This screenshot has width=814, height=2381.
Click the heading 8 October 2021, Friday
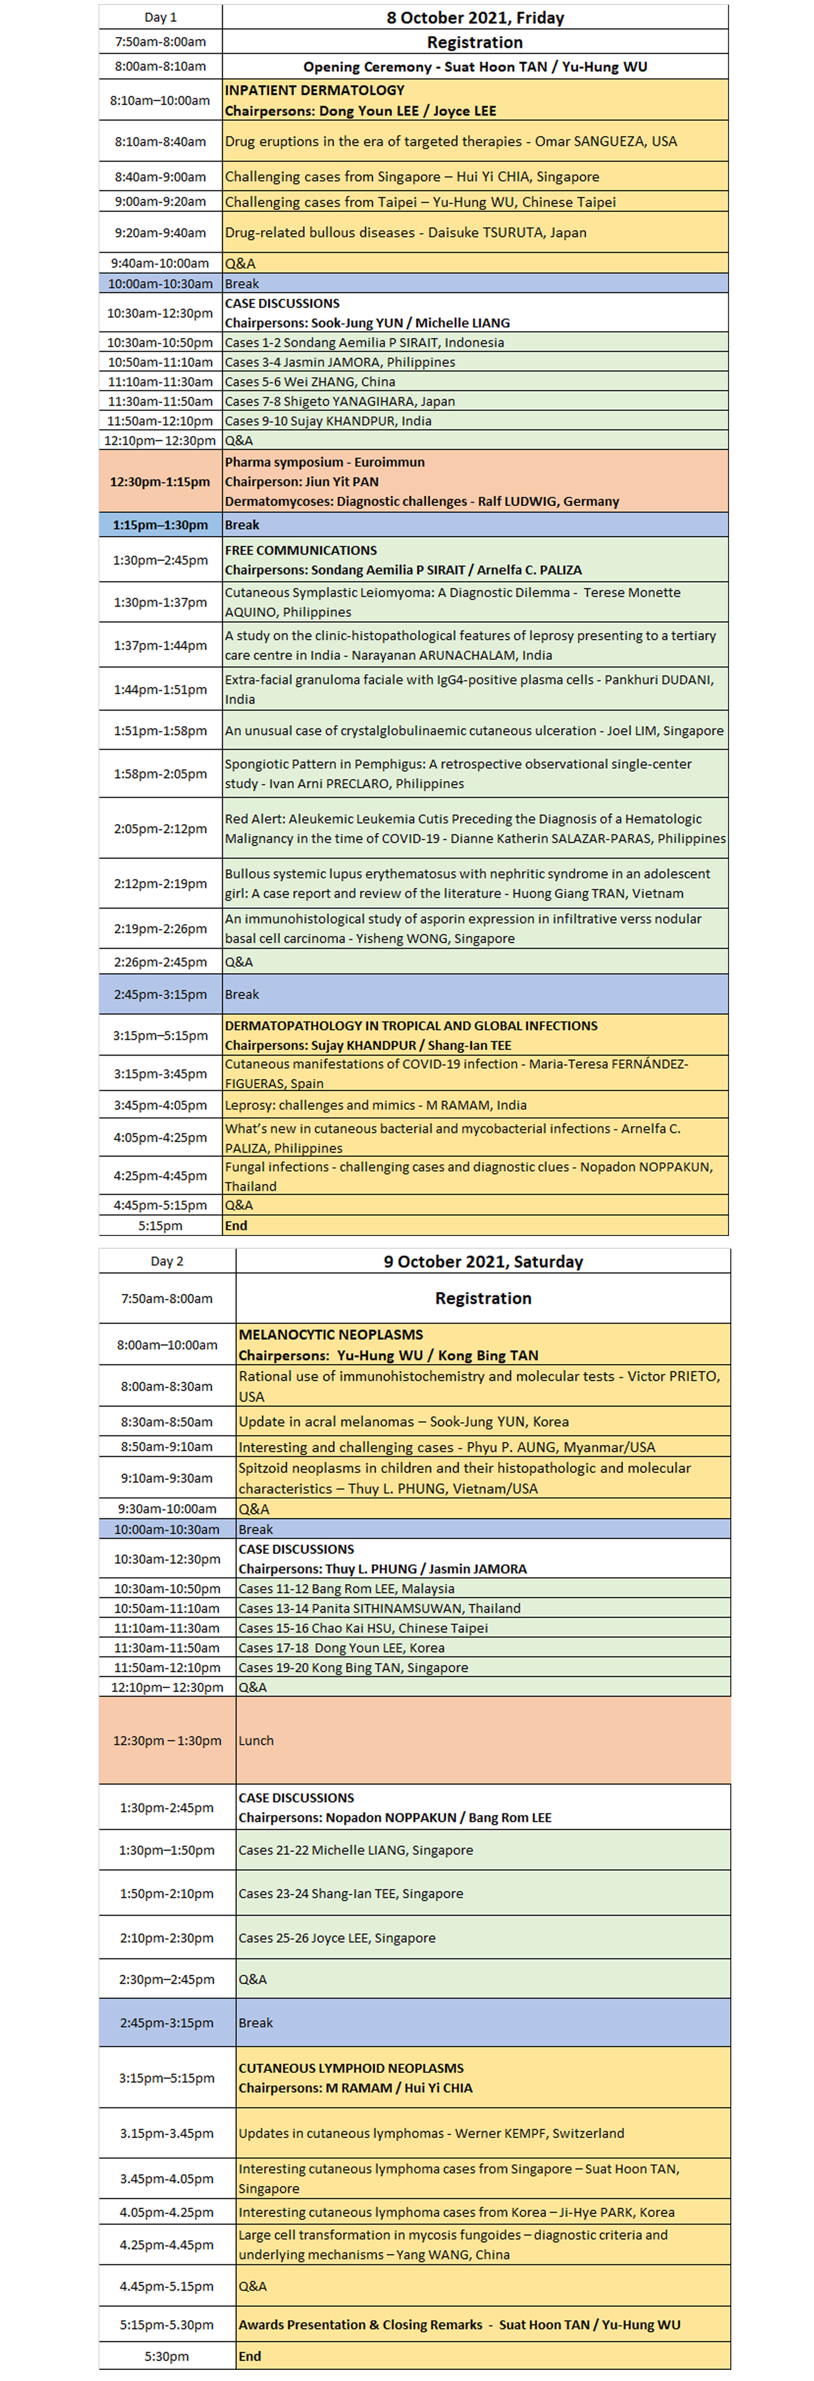pyautogui.click(x=475, y=18)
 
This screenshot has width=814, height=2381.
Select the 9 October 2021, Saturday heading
pyautogui.click(x=483, y=1262)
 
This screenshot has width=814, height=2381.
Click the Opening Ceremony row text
pyautogui.click(x=475, y=67)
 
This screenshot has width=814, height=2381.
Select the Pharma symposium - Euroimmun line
pyautogui.click(x=325, y=462)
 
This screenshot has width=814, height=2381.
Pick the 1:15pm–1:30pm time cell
pyautogui.click(x=160, y=525)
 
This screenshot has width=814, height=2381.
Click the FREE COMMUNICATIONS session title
pyautogui.click(x=301, y=550)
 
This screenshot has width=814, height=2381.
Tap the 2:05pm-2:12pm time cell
pyautogui.click(x=160, y=829)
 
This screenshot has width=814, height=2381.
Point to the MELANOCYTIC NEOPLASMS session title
pyautogui.click(x=330, y=1335)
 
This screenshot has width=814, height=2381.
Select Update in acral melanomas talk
pyautogui.click(x=403, y=1422)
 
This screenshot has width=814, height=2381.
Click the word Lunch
pyautogui.click(x=256, y=1740)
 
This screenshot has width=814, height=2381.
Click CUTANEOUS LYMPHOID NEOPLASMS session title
pyautogui.click(x=351, y=2069)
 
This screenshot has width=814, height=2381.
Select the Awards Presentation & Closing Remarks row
pyautogui.click(x=459, y=2325)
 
